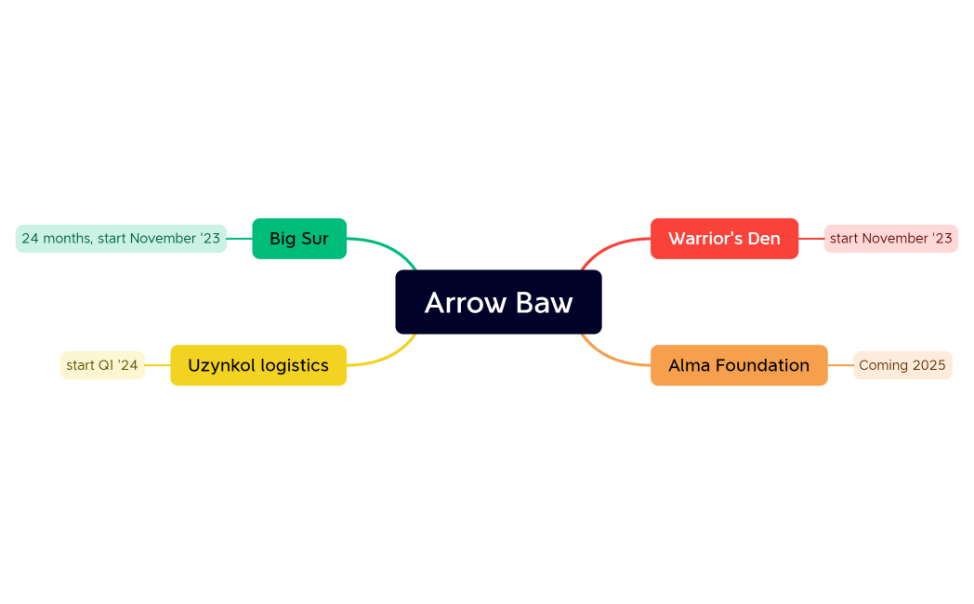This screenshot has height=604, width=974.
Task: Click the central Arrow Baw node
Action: pyautogui.click(x=498, y=302)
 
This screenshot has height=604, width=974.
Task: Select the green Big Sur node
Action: pyautogui.click(x=299, y=239)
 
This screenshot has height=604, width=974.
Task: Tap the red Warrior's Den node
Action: pyautogui.click(x=724, y=239)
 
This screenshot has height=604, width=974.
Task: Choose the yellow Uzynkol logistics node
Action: pyautogui.click(x=258, y=365)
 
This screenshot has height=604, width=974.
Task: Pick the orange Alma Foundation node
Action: pyautogui.click(x=739, y=365)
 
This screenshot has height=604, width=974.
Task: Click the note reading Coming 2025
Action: pyautogui.click(x=902, y=365)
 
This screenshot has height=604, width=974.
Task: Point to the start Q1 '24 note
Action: pyautogui.click(x=102, y=365)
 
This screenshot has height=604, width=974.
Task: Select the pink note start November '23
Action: pyautogui.click(x=890, y=239)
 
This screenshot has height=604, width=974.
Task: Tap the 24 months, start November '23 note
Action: pyautogui.click(x=121, y=239)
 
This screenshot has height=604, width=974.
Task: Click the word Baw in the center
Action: pyautogui.click(x=546, y=303)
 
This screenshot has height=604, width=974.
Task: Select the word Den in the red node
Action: pyautogui.click(x=764, y=239)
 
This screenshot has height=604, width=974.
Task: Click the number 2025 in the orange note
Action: pyautogui.click(x=928, y=365)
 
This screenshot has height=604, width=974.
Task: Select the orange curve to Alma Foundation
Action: pyautogui.click(x=606, y=357)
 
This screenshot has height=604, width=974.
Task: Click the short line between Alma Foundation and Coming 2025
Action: pyautogui.click(x=840, y=365)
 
